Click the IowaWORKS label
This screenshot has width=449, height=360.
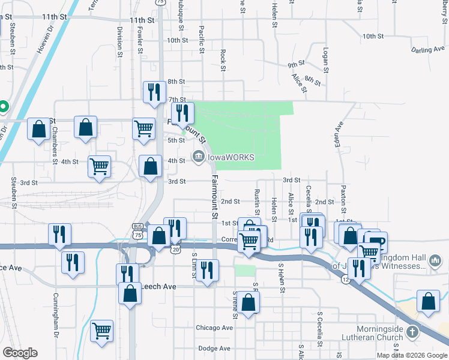(231, 157)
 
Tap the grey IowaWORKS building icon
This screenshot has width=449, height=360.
(197, 157)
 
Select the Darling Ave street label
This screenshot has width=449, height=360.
(428, 50)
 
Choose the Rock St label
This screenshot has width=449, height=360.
(223, 61)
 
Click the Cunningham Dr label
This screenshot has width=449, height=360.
(55, 313)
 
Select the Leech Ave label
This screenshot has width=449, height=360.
(158, 287)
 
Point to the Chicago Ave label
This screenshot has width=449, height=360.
(214, 328)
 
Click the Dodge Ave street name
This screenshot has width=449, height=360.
(214, 348)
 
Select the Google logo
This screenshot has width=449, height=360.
(20, 353)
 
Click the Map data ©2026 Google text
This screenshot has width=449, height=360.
(411, 355)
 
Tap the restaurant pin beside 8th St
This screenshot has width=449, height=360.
(154, 92)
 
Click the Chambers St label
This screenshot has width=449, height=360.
(54, 142)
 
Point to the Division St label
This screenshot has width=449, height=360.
(119, 38)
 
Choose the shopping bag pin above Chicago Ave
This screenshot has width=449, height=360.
(248, 302)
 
